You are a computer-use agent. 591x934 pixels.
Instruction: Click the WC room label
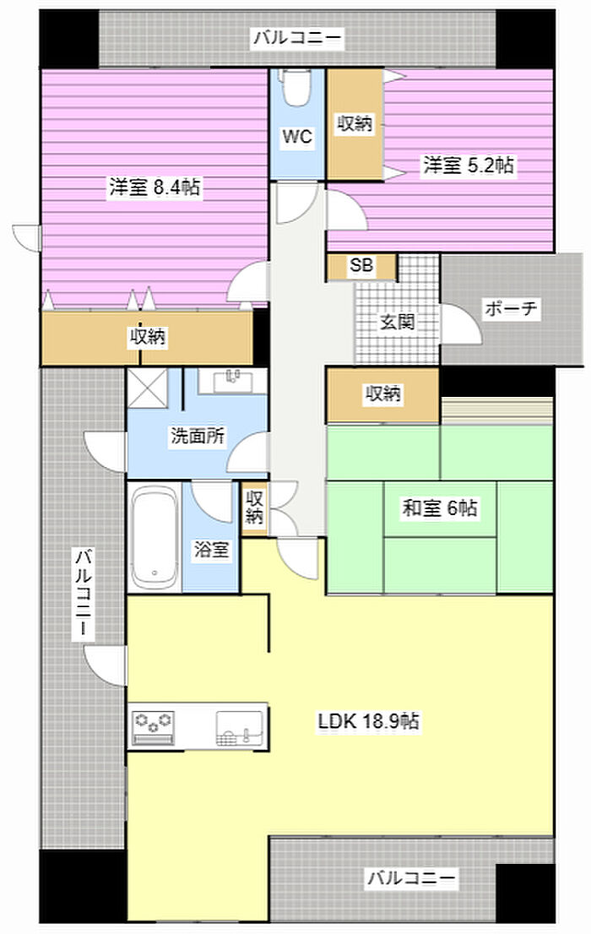pos(296,137)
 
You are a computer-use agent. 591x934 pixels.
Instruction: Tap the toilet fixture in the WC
pos(293,87)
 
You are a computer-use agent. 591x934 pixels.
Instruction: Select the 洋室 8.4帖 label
pos(155,187)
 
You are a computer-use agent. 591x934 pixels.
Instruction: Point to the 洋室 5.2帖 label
pos(469,165)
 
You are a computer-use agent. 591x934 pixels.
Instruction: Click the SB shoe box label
pos(361,265)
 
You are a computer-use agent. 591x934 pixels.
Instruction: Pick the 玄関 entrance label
pos(398,323)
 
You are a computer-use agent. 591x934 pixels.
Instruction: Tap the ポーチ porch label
pos(511,308)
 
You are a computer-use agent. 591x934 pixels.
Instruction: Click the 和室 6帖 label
pos(440,508)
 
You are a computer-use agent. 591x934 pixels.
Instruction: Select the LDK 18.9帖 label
pos(369,721)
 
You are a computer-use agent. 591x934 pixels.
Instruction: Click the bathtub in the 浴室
pos(155,537)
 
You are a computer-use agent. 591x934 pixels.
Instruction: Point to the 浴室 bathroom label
pos(211,549)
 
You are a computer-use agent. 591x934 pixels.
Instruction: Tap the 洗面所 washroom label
pos(198,436)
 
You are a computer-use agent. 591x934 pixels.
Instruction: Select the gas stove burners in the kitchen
pos(153,727)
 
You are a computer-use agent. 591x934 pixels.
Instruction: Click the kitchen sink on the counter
pos(240,728)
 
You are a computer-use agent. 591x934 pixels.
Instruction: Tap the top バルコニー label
pos(298,38)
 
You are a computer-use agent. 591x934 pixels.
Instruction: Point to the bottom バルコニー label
pos(411,877)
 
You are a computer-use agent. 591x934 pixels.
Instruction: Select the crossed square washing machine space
pos(147,388)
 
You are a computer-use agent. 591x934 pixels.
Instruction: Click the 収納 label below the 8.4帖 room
pos(148,337)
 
